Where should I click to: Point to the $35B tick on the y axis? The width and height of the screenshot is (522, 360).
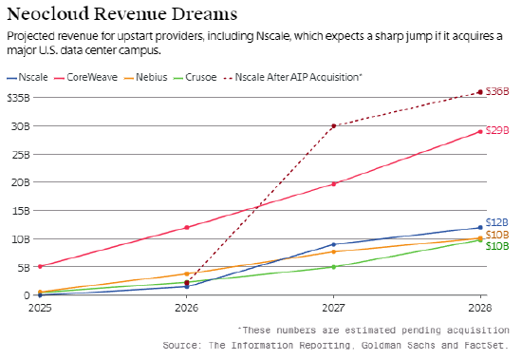point(18,97)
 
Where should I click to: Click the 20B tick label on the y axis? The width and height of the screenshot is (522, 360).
point(21,182)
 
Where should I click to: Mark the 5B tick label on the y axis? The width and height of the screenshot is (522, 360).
point(23,267)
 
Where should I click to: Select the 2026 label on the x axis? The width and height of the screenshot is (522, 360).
point(187,308)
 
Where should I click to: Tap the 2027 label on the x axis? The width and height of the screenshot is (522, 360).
point(333,308)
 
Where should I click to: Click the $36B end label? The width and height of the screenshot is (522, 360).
point(498,92)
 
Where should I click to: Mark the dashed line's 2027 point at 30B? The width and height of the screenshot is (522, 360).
point(333,125)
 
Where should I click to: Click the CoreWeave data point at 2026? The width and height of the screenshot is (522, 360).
point(187,227)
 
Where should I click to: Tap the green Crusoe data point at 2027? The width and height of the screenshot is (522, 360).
point(333,267)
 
